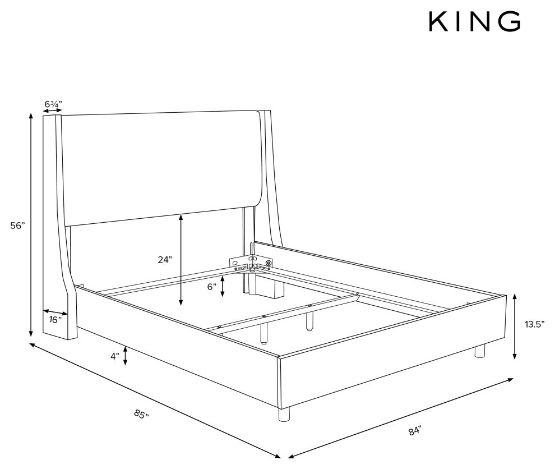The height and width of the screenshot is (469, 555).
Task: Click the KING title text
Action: coord(475,21)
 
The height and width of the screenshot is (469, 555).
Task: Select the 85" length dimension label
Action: coord(141,413)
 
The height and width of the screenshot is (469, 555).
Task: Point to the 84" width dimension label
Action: coord(415,431)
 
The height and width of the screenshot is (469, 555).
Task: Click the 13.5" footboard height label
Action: coord(534,324)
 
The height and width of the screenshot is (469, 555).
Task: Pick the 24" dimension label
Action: coord(165,260)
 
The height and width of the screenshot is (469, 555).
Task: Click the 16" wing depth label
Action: coord(55,320)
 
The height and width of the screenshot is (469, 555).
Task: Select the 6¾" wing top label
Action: coord(53,104)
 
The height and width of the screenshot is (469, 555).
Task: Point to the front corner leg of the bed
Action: coord(284,413)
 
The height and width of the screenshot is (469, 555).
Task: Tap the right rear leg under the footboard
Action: coord(480,351)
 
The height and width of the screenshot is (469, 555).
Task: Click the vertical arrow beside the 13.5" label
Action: coord(515,327)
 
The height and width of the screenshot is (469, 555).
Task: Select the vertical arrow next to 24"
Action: coord(181,260)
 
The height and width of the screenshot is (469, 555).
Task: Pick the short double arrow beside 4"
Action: coord(126,356)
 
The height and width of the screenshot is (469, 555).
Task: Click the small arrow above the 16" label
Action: coord(55,312)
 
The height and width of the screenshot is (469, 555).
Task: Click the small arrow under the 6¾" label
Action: coord(52,111)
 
